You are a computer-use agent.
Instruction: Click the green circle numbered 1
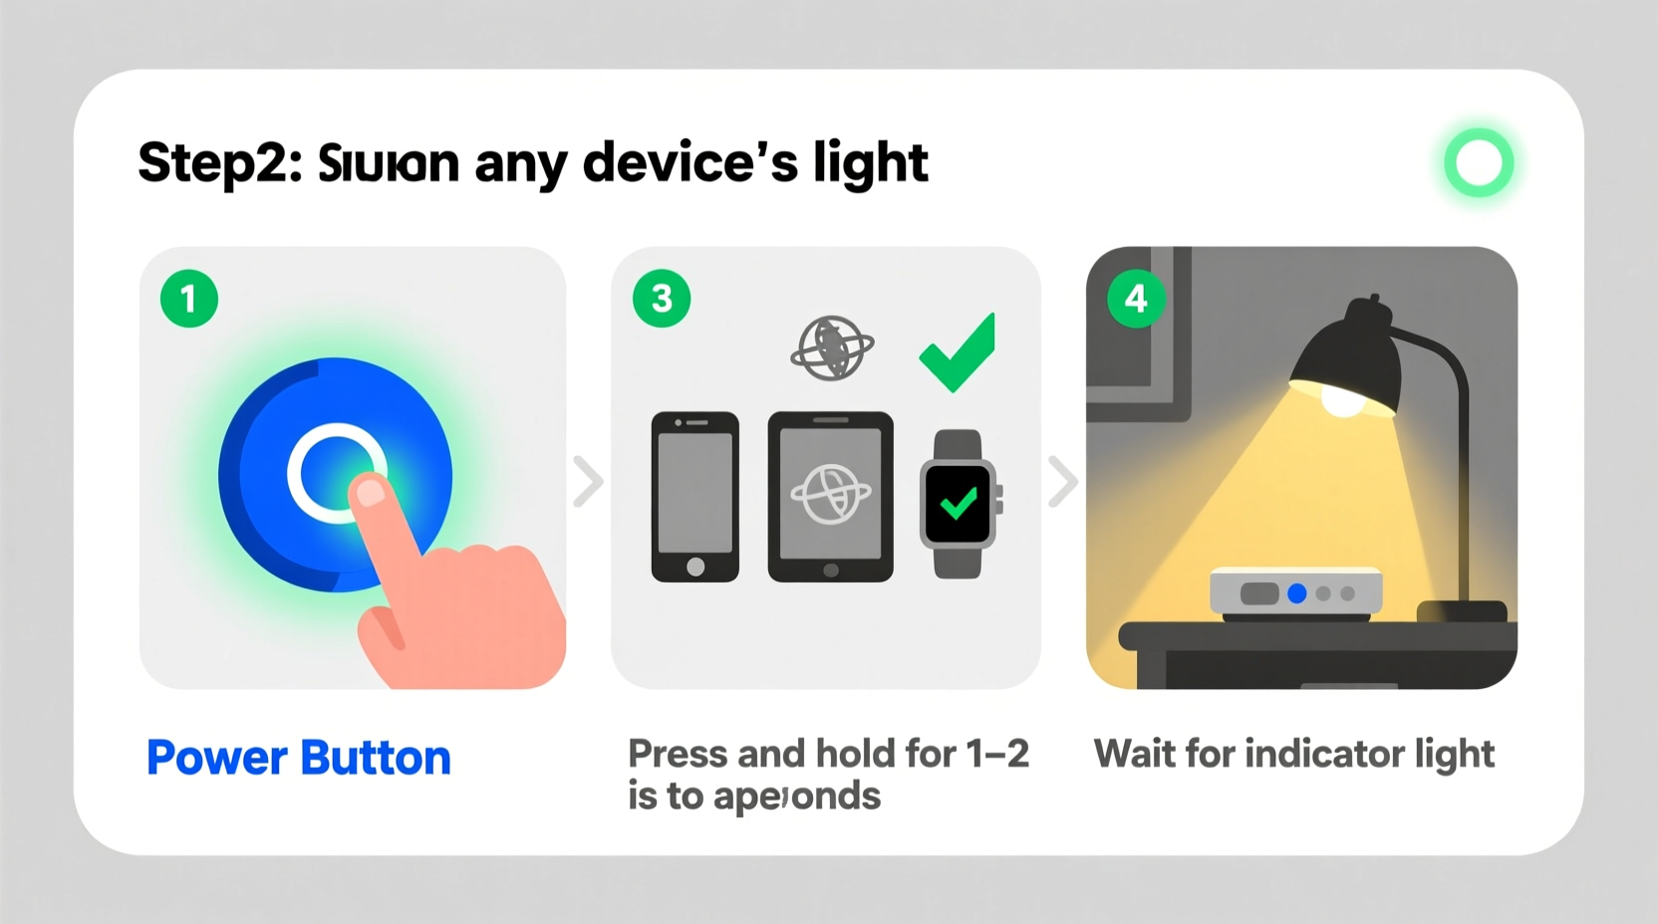coord(189,299)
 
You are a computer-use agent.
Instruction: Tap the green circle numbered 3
coord(662,299)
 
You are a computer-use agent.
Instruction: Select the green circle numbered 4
coord(1136,299)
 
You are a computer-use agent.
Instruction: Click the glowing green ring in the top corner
coord(1479,162)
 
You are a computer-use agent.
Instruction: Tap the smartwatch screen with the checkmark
coord(959,504)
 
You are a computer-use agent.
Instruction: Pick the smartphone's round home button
coord(695,567)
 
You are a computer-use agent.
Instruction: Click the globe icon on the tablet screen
coord(830,494)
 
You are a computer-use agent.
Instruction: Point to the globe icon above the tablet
coord(832,348)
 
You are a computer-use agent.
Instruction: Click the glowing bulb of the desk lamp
coord(1342,401)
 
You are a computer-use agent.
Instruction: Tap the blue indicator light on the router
coord(1296,593)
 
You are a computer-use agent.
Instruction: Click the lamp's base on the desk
coord(1462,610)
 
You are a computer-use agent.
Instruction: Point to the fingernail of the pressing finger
coord(370,491)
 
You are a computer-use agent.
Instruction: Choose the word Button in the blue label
coord(376,759)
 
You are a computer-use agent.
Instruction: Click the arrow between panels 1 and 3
coord(589,482)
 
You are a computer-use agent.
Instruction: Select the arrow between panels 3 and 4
coord(1063,482)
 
